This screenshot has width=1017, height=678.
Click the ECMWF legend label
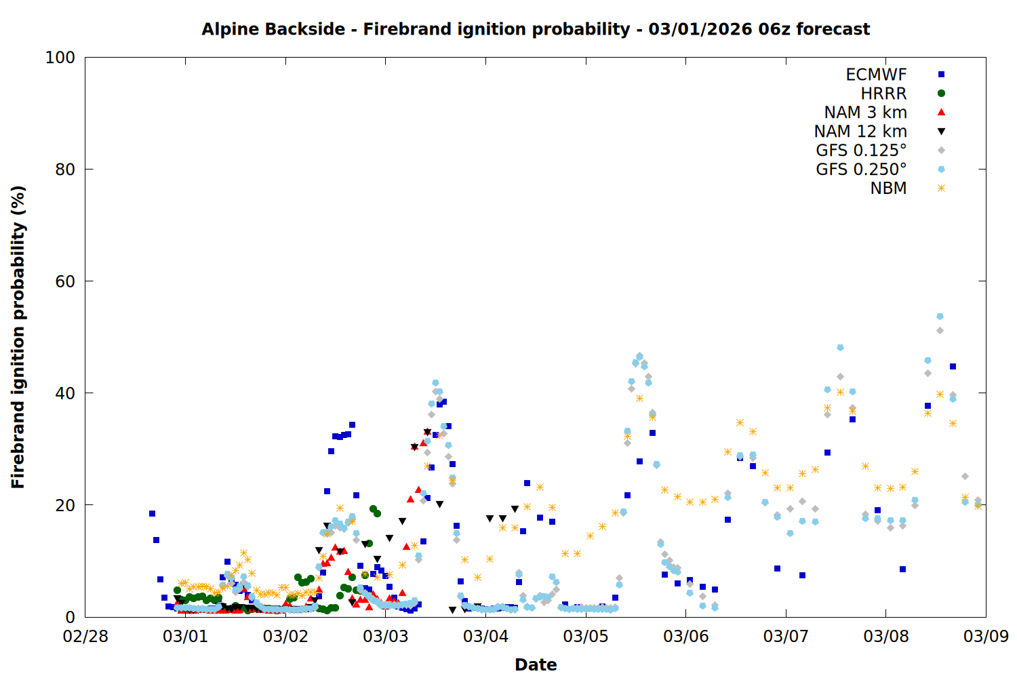point(876,75)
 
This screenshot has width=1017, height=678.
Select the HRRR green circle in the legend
point(941,94)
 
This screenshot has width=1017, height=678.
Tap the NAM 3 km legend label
point(865,112)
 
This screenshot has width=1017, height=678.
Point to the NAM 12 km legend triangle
point(941,132)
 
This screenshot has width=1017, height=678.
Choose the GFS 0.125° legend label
point(861,151)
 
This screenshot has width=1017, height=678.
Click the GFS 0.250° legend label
point(861,169)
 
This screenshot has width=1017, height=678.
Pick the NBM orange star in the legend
point(941,188)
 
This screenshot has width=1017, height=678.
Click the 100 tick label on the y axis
point(60,58)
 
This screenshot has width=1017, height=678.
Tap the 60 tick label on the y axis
point(65,281)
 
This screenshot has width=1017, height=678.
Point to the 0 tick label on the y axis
point(70,617)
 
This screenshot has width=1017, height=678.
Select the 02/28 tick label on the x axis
point(85,636)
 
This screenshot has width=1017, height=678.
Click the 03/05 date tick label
point(586,636)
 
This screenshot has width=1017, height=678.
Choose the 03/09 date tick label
point(986,636)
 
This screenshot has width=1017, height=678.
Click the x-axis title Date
point(536,665)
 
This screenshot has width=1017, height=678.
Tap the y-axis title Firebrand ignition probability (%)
point(18,337)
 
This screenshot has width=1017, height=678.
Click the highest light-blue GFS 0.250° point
point(940,316)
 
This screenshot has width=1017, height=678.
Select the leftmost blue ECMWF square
point(152,514)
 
